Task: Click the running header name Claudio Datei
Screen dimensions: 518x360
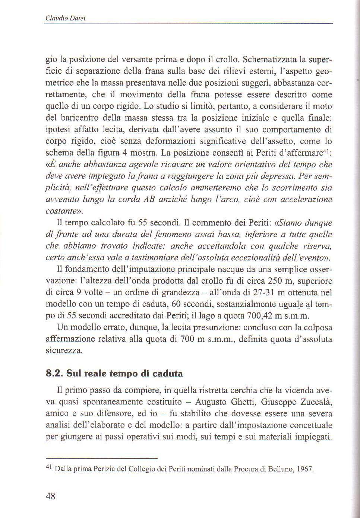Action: tap(65, 18)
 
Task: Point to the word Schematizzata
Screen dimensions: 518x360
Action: tap(269, 59)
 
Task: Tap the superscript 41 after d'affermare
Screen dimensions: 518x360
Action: tap(327, 151)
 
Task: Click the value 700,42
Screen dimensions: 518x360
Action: tap(260, 316)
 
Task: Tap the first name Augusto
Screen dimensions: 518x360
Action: tap(209, 402)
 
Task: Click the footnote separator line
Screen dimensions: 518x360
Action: tap(101, 458)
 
